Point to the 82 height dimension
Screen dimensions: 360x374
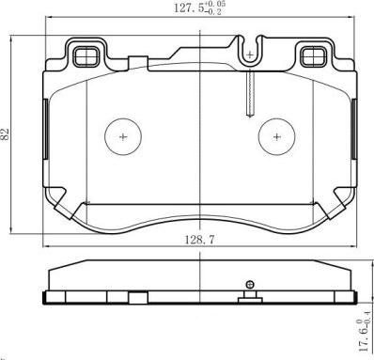[8, 135]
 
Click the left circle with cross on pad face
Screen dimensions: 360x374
[122, 136]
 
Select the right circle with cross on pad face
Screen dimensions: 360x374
[278, 136]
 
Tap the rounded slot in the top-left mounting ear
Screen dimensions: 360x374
[84, 55]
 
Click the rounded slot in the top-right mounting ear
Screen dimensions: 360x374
[311, 55]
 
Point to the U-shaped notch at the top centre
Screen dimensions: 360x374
[248, 49]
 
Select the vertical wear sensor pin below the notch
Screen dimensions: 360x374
[248, 94]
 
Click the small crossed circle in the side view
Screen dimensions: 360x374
[249, 285]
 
